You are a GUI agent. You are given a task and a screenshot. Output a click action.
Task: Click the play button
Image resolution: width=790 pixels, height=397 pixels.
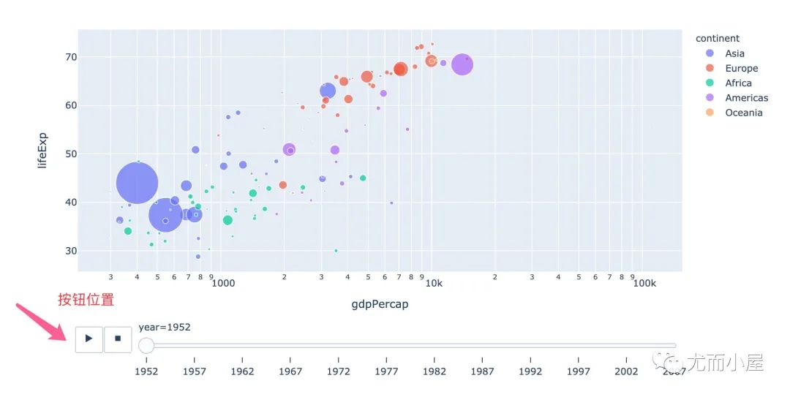point(89,339)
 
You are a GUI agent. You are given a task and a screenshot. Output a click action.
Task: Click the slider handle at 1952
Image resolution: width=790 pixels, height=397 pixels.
point(146,346)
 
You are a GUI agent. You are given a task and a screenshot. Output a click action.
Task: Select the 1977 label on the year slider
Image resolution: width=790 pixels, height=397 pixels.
point(386,371)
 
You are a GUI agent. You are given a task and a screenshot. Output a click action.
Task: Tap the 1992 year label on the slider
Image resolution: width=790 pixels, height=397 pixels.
point(530,371)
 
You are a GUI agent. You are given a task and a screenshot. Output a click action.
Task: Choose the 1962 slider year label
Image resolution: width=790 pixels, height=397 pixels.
point(242,371)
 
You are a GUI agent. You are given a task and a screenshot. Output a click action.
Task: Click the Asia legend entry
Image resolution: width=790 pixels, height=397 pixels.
point(734,53)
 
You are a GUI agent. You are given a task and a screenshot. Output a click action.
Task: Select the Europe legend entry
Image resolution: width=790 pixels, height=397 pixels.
point(741,68)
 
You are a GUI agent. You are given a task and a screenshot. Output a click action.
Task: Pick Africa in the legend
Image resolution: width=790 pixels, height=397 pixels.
point(738,83)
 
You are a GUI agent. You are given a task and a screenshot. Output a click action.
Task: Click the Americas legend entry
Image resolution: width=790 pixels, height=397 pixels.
point(746,97)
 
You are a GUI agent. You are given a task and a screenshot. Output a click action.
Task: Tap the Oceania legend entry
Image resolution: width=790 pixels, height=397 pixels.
point(743,113)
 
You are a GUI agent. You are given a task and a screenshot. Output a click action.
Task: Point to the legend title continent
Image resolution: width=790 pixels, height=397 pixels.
point(717,38)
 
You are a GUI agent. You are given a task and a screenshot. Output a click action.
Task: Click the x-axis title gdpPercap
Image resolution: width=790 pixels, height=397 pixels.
point(380,304)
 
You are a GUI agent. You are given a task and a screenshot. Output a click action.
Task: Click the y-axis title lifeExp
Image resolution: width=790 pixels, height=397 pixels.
point(42,150)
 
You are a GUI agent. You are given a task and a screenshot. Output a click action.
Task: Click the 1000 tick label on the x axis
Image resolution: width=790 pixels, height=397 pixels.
point(222,282)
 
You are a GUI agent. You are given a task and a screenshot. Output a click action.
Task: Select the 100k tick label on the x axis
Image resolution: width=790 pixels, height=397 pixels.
point(644,282)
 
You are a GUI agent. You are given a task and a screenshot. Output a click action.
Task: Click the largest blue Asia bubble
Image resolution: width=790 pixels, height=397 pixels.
point(137,184)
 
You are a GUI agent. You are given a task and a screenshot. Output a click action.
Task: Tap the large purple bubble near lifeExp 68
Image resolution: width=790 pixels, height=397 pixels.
point(462,64)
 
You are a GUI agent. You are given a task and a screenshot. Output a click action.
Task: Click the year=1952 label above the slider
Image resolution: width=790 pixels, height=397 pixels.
point(165,327)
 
